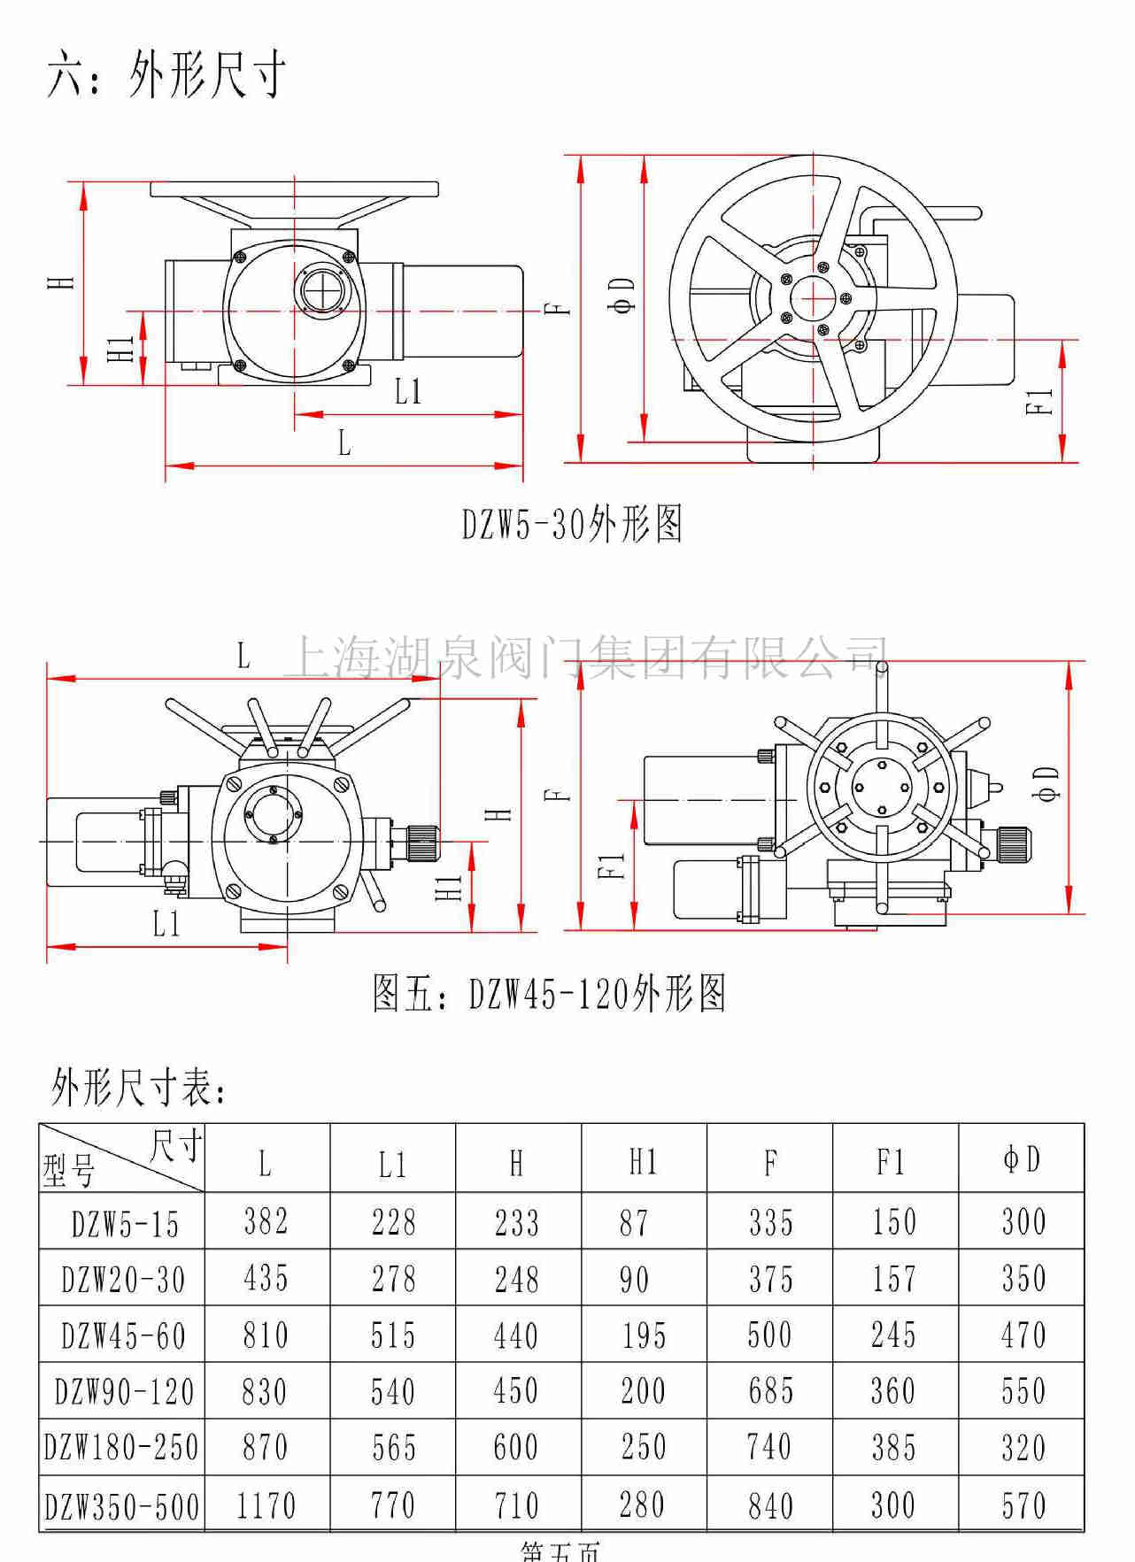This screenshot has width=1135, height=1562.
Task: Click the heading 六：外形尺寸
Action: click(166, 74)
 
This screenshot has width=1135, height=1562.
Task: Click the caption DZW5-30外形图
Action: click(572, 525)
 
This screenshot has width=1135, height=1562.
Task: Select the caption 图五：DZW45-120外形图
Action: click(550, 993)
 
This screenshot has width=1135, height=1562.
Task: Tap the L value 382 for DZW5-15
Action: click(266, 1222)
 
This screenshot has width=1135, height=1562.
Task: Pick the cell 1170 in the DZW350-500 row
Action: click(266, 1505)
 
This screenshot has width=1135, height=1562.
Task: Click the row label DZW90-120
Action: click(124, 1392)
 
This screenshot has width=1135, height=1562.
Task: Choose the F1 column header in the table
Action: click(892, 1162)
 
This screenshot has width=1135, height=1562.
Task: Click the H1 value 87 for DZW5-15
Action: click(634, 1223)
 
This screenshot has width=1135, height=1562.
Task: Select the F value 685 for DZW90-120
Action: click(770, 1392)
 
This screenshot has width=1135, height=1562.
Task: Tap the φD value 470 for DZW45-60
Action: click(1023, 1335)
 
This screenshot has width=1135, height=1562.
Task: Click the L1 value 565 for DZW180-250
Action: click(393, 1449)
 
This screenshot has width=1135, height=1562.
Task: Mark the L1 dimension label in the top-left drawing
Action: click(408, 392)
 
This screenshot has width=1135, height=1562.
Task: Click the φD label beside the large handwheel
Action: click(623, 295)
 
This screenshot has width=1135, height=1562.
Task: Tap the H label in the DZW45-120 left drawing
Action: click(500, 813)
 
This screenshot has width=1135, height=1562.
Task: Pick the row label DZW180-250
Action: click(122, 1449)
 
